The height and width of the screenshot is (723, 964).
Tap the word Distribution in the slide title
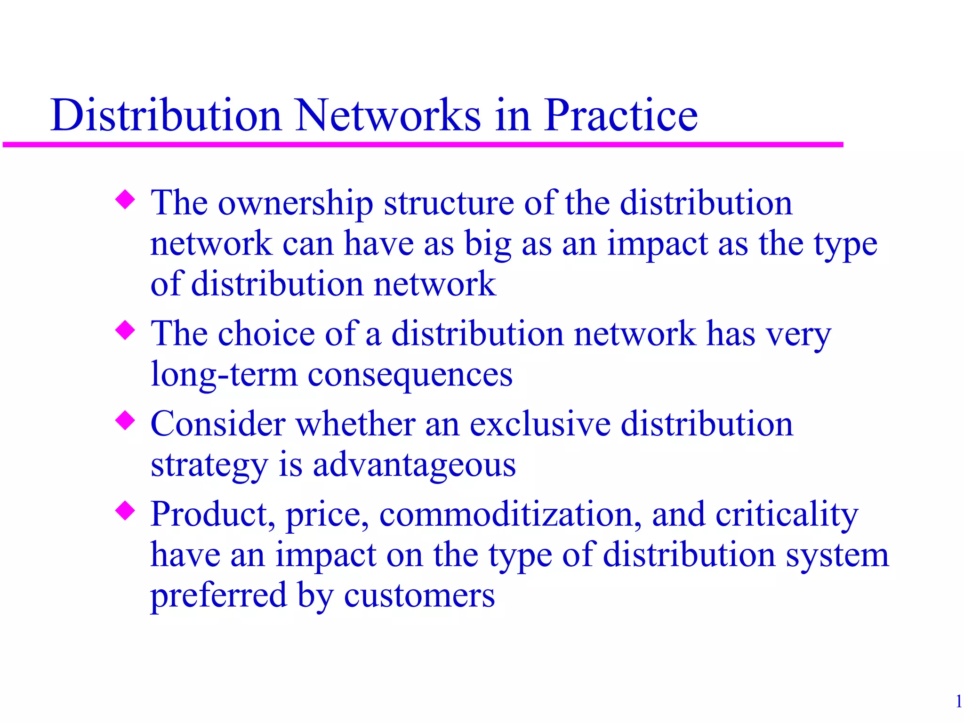pyautogui.click(x=166, y=115)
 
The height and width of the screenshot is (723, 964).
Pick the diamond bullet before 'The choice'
pyautogui.click(x=125, y=330)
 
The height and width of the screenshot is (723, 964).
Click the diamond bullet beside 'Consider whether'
pyautogui.click(x=125, y=420)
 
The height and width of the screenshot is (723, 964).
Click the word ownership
pyautogui.click(x=295, y=204)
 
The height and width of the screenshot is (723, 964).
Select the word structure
pyautogui.click(x=449, y=204)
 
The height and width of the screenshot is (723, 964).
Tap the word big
pyautogui.click(x=488, y=245)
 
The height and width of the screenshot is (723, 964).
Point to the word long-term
pyautogui.click(x=224, y=376)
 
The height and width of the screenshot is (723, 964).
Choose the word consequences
pyautogui.click(x=410, y=376)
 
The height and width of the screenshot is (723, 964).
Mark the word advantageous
pyautogui.click(x=414, y=466)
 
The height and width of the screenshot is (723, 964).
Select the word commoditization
pyautogui.click(x=510, y=514)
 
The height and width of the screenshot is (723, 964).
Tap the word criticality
pyautogui.click(x=787, y=514)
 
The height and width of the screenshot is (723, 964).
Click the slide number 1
pyautogui.click(x=958, y=702)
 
